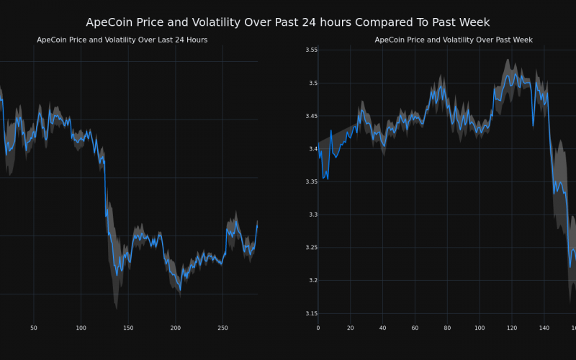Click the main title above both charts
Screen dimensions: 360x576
[x=288, y=22]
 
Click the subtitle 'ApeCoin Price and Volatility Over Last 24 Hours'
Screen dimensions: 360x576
[x=122, y=40]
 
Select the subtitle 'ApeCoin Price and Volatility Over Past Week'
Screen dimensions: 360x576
[x=454, y=40]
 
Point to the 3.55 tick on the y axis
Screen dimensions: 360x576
[x=311, y=50]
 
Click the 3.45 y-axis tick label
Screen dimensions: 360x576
[x=311, y=116]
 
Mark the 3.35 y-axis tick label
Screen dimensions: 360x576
[x=311, y=181]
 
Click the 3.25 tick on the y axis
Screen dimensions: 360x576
[x=311, y=247]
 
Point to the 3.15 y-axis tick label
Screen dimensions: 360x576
[x=311, y=313]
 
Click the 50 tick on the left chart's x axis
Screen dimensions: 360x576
[x=33, y=328]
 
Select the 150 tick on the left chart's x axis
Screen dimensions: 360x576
[x=128, y=328]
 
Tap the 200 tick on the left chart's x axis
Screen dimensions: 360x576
[x=176, y=328]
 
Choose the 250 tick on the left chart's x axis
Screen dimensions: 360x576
[x=222, y=328]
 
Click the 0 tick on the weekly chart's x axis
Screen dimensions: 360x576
[x=318, y=328]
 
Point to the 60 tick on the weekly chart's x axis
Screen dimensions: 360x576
[x=415, y=328]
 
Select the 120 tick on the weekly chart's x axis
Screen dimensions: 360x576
[x=512, y=328]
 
